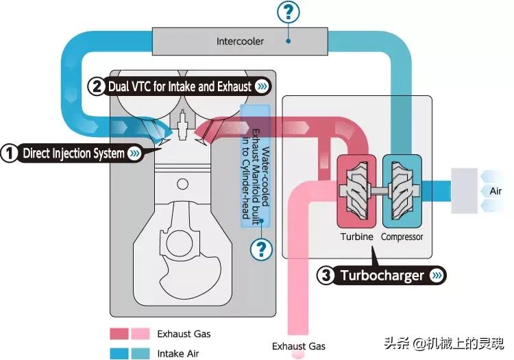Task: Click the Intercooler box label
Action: [240, 41]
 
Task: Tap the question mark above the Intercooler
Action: [289, 11]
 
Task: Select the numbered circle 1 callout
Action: [9, 153]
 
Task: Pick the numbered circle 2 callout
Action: [97, 86]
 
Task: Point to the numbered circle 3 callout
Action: [327, 276]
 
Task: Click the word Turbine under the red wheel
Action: [356, 237]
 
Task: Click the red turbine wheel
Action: [356, 190]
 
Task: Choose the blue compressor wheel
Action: [402, 190]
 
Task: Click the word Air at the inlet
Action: [495, 191]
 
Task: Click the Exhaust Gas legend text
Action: [184, 334]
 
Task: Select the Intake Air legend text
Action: [179, 354]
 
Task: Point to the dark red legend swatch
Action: [119, 334]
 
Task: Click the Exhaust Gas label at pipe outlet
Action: [299, 346]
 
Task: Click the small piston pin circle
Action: [182, 184]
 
